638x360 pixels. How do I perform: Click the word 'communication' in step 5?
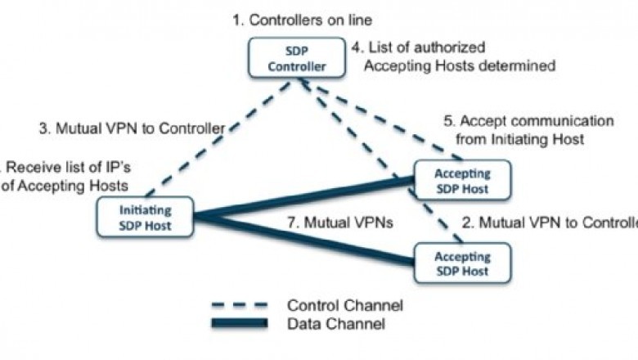pos(565,121)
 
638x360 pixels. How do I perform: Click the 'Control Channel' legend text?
pos(344,305)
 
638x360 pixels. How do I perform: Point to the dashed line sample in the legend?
pos(239,305)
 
